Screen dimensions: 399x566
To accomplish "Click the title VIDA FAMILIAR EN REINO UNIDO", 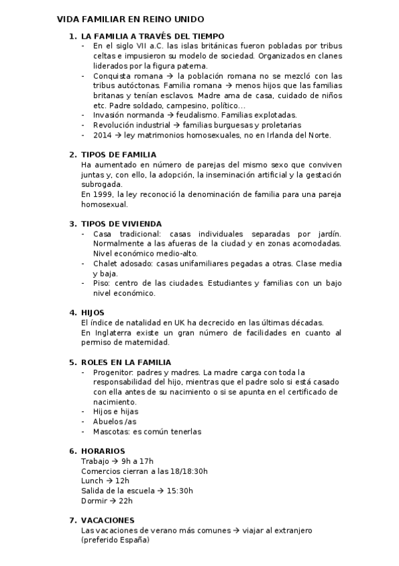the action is (x=130, y=20).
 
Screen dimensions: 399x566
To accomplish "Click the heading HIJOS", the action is (x=93, y=312).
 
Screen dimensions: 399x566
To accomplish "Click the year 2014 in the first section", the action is (x=103, y=135).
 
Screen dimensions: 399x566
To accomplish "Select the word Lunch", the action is (x=92, y=481).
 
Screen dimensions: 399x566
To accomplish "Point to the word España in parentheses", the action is (x=132, y=540).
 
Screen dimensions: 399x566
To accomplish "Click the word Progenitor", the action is (x=113, y=372).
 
